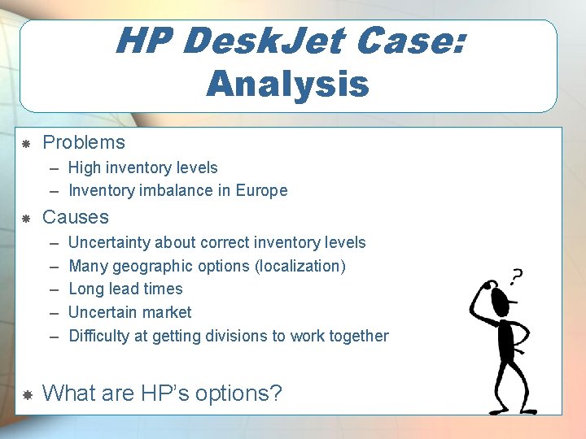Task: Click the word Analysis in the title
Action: point(287,83)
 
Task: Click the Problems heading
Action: point(84,142)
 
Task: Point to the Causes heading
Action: point(75,217)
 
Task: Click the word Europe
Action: point(261,190)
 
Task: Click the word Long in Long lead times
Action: point(86,289)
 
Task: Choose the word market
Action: point(165,312)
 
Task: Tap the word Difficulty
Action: point(98,336)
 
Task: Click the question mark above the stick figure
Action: point(515,276)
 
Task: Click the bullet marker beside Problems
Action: point(26,144)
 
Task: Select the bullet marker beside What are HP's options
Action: point(26,395)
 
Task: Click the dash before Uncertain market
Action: point(54,312)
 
